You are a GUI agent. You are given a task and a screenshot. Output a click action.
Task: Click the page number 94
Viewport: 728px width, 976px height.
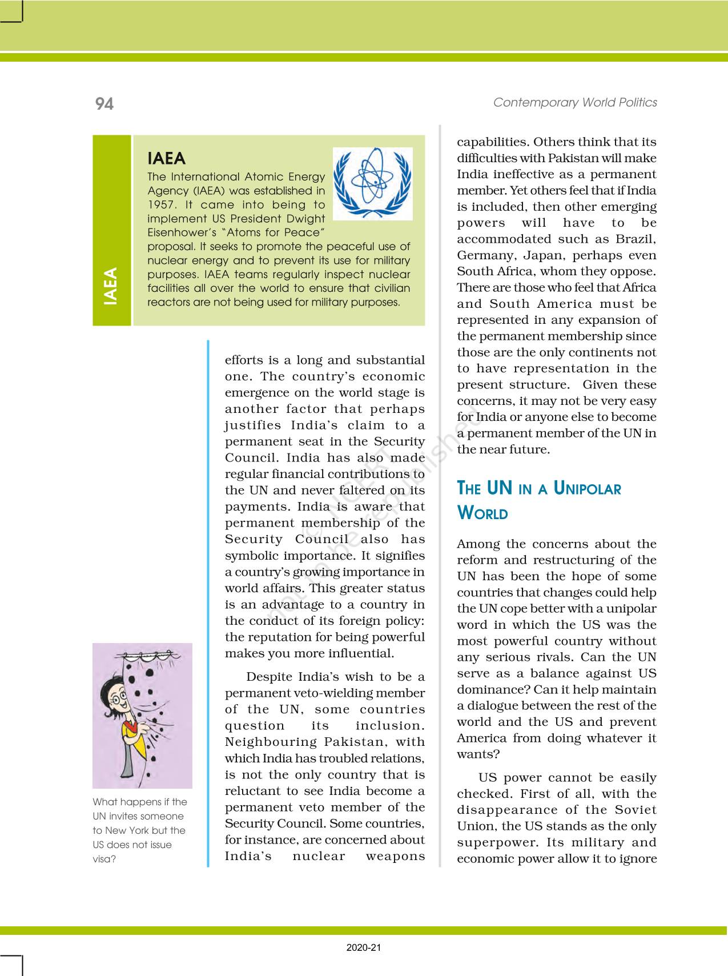click(104, 103)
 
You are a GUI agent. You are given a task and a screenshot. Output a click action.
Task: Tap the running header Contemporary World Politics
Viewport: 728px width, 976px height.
click(575, 102)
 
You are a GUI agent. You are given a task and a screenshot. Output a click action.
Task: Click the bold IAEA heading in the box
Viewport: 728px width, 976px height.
click(166, 158)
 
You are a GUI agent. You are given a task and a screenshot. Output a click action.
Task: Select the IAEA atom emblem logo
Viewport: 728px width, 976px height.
click(372, 183)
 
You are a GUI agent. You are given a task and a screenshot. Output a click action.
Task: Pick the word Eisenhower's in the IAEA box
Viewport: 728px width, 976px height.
click(177, 232)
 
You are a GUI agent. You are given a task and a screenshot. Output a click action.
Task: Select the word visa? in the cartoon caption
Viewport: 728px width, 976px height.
click(104, 859)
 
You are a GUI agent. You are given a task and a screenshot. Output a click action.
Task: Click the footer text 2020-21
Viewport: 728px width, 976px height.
click(364, 948)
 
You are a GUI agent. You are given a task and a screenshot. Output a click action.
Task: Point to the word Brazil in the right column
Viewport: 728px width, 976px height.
click(636, 239)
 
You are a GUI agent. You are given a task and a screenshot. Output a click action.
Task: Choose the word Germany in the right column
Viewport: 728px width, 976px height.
click(484, 255)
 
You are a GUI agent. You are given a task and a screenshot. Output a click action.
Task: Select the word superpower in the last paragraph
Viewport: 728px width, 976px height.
click(497, 842)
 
